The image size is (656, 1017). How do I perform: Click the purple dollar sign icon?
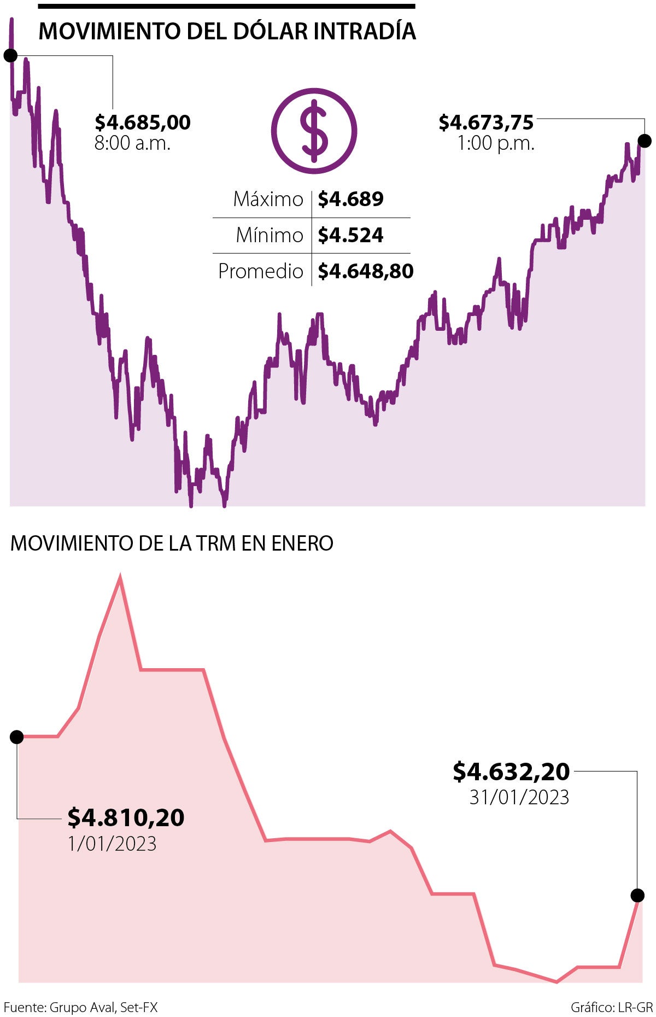coord(314,131)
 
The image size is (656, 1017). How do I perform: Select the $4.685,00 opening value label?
coord(143,122)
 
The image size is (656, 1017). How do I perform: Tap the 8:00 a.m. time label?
coord(132,143)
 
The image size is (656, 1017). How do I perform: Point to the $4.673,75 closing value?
coord(486,122)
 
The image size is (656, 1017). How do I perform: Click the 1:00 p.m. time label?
coord(496,144)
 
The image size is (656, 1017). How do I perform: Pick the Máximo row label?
coord(268,199)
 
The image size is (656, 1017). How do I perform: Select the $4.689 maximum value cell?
coord(351,199)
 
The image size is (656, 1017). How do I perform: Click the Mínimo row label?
coord(269,235)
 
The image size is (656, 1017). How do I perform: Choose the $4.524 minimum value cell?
coord(351,235)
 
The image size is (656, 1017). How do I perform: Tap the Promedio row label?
coord(260,271)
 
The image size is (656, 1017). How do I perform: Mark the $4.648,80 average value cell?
coord(366,271)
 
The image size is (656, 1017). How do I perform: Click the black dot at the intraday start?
coord(10,55)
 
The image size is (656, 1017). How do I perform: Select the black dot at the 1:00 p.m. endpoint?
coord(645,141)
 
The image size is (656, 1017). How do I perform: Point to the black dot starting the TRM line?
coord(17,737)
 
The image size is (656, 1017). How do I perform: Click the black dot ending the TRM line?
coord(637,895)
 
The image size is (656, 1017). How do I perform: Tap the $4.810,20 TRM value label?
coord(126,817)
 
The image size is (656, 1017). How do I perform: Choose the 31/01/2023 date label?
coord(519,797)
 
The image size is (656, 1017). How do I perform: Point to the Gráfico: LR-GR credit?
coord(612,1007)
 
